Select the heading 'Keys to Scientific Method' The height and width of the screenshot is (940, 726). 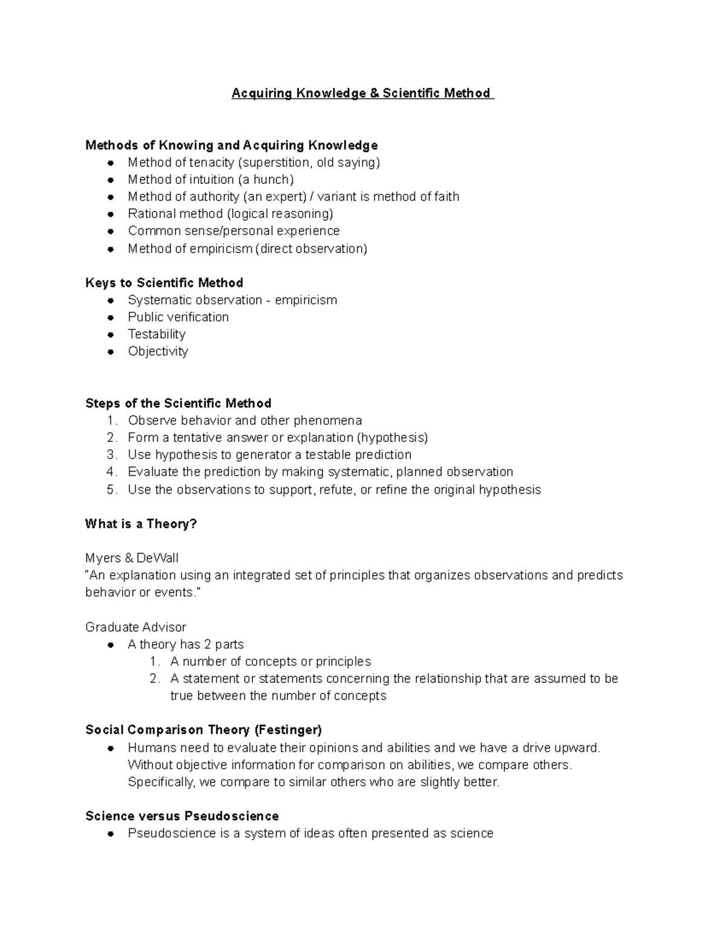164,283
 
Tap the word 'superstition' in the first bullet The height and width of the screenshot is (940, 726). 276,162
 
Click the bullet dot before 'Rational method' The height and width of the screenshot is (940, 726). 111,214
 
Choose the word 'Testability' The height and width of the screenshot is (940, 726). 157,334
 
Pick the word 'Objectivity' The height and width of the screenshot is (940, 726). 158,351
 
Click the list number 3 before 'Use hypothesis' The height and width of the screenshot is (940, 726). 111,455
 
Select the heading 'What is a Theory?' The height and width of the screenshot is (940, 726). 141,524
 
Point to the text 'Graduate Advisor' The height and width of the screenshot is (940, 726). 136,627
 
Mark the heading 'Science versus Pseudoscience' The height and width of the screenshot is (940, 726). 182,816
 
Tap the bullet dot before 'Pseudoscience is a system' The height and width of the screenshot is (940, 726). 111,833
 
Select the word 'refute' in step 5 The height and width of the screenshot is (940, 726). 336,490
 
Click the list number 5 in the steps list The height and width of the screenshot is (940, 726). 111,490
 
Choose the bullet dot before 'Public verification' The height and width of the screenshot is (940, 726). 111,317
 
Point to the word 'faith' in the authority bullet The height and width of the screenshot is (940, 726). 447,197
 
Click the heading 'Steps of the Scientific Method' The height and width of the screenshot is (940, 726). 178,403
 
